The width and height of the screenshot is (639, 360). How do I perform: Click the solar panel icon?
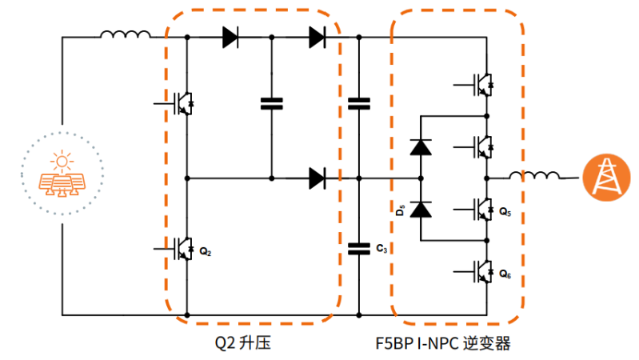(62, 175)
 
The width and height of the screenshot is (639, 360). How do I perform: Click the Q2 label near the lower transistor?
(206, 252)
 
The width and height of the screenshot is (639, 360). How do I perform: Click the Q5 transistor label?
(505, 213)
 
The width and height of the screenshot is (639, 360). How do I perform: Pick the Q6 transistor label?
(505, 274)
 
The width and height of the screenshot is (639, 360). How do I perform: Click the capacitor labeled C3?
(359, 249)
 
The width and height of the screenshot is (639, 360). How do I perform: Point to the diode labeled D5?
(421, 210)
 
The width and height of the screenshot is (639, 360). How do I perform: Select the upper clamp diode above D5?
(421, 146)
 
